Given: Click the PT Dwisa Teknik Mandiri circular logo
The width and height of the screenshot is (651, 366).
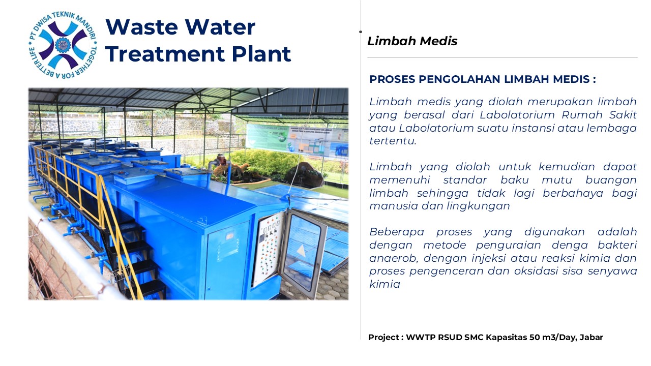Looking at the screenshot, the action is click(63, 45).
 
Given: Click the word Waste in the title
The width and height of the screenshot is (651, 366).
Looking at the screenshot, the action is click(142, 27).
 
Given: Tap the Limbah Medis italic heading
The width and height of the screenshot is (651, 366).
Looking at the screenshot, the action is click(412, 41).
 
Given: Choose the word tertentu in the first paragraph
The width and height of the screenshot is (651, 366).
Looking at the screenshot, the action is click(393, 141).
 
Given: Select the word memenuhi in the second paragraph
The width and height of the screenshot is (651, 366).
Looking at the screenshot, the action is click(400, 180).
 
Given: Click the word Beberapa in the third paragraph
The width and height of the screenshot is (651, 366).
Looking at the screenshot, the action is click(396, 232).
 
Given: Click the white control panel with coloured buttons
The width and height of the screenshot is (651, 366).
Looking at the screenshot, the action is click(269, 249).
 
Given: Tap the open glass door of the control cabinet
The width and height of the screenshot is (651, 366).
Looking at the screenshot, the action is click(303, 254).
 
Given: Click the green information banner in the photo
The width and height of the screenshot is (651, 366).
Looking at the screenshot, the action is click(268, 137).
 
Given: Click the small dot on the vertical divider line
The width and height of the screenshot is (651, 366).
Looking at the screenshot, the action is click(361, 32).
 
